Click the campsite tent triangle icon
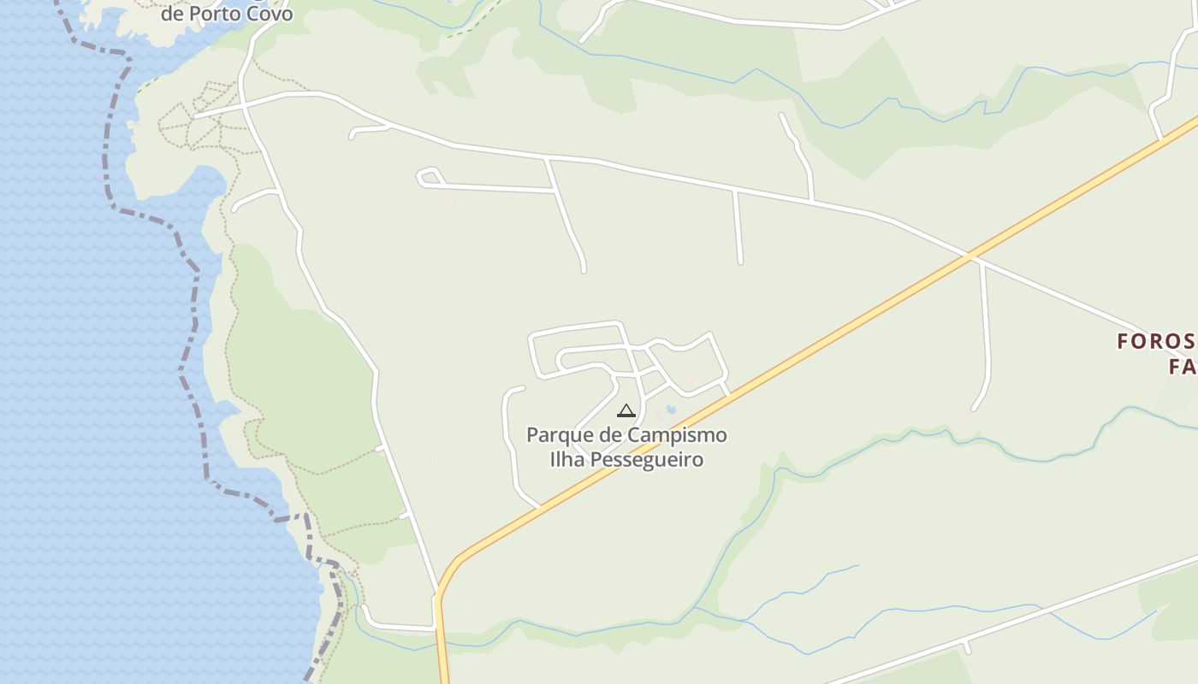pyautogui.click(x=626, y=411)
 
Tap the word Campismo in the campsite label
pyautogui.click(x=677, y=435)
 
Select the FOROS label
pyautogui.click(x=1155, y=342)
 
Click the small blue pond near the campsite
pyautogui.click(x=671, y=410)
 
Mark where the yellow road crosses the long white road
pyautogui.click(x=970, y=256)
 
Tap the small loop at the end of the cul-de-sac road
pyautogui.click(x=425, y=177)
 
